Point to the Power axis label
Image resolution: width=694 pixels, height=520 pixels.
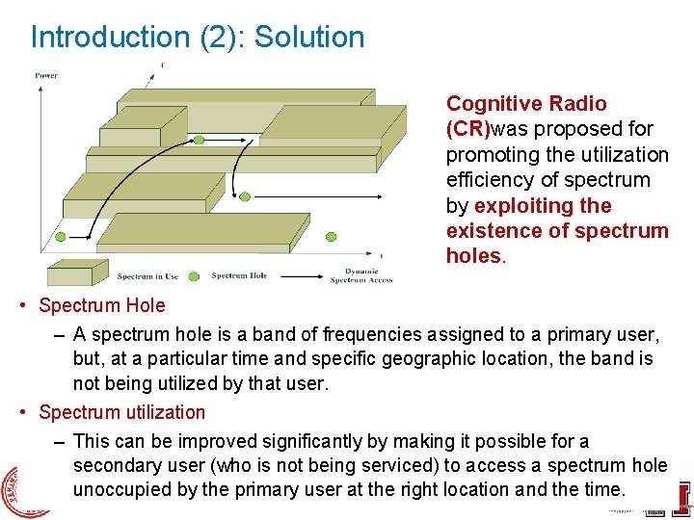(x=46, y=75)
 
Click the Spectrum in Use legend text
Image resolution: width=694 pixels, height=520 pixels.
(x=147, y=276)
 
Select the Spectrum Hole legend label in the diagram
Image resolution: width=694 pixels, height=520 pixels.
(x=239, y=276)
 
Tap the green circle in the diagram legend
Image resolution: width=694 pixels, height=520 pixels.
(x=193, y=276)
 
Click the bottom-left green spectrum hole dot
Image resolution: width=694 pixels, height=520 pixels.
(x=60, y=235)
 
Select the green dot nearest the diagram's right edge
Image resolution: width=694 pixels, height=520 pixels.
(x=334, y=235)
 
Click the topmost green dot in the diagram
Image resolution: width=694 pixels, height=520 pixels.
(x=199, y=141)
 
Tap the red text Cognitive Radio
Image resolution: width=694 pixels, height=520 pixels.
(x=526, y=104)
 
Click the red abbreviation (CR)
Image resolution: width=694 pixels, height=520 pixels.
(x=468, y=129)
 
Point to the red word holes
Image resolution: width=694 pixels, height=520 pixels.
(x=472, y=256)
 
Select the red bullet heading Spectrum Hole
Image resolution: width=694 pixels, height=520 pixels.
(x=101, y=306)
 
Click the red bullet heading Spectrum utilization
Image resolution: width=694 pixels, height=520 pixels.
(x=121, y=412)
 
